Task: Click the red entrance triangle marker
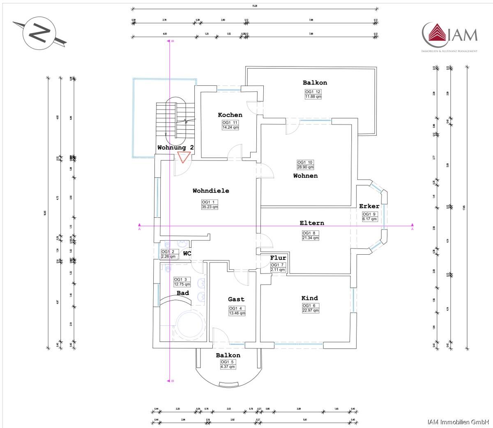click(x=183, y=156)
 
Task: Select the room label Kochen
click(x=230, y=115)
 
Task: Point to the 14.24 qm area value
click(x=230, y=127)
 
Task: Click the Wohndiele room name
click(x=211, y=191)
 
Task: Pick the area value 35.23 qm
click(x=210, y=207)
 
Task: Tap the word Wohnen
click(x=305, y=176)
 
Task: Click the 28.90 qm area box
click(x=305, y=167)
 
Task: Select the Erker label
click(x=369, y=206)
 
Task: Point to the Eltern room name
click(x=311, y=223)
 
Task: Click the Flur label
click(x=278, y=258)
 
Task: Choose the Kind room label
click(x=309, y=298)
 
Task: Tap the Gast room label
click(x=236, y=299)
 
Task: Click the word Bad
click(x=183, y=293)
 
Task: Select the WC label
click(x=187, y=253)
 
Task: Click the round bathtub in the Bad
click(x=189, y=322)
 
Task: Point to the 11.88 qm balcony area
click(x=313, y=97)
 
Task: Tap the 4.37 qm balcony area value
click(x=228, y=367)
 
